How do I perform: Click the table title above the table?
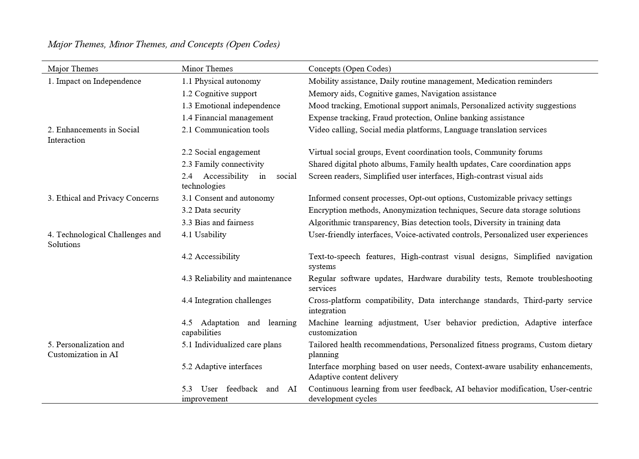(x=164, y=44)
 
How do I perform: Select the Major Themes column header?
(x=73, y=69)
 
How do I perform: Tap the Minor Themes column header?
(x=207, y=69)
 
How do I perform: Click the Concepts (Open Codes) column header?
(x=350, y=69)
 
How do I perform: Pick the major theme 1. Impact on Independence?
(x=95, y=81)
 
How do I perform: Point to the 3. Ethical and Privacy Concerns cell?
(x=103, y=198)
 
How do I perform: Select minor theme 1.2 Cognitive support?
(x=219, y=94)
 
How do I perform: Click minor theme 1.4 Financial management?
(x=227, y=118)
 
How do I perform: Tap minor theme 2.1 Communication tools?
(x=226, y=130)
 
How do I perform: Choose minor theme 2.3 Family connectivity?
(x=223, y=164)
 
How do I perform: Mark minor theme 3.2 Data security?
(x=211, y=210)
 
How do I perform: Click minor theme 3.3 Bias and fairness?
(x=218, y=223)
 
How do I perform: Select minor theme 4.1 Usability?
(x=204, y=235)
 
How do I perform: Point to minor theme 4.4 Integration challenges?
(x=226, y=300)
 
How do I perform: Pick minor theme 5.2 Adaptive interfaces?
(x=222, y=367)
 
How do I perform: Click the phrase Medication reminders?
(x=514, y=81)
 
